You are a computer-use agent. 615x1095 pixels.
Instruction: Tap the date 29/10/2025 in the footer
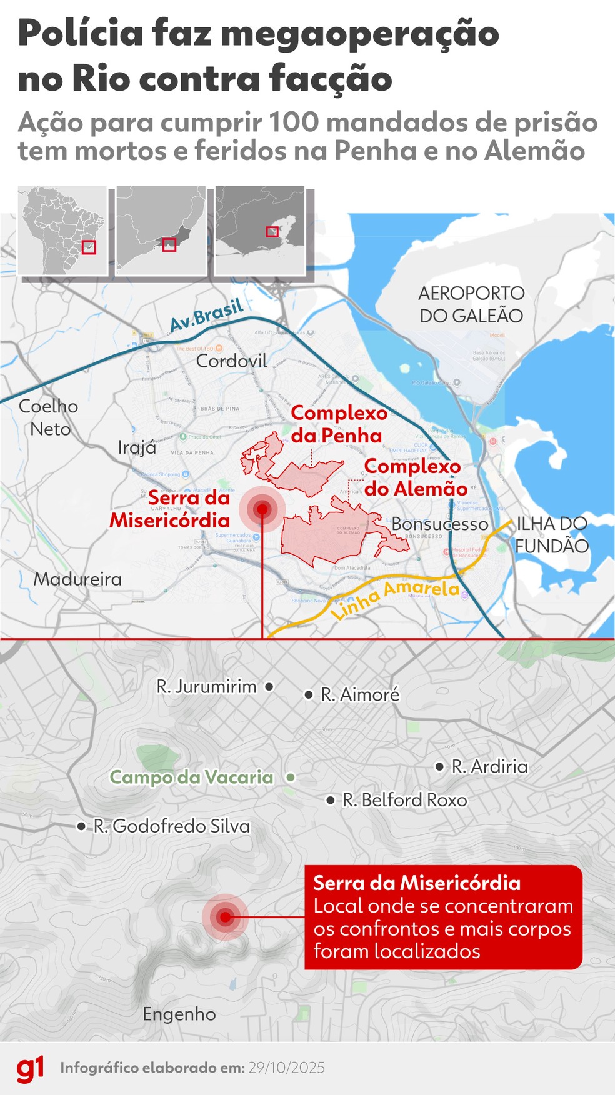tap(286, 1067)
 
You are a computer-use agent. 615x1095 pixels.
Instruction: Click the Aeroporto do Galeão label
tap(471, 304)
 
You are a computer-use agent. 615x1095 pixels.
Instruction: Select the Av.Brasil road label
tap(206, 316)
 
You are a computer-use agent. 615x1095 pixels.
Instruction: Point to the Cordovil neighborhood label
tap(231, 361)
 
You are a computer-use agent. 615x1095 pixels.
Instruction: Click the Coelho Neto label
tap(49, 417)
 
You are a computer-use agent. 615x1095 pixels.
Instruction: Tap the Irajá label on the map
tap(137, 447)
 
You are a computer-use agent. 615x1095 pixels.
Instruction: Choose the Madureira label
tap(77, 579)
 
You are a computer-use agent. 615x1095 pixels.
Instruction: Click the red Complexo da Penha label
tap(338, 424)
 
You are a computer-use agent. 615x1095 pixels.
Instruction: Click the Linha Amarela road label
tap(395, 598)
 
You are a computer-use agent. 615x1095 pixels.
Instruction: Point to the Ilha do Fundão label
tap(552, 534)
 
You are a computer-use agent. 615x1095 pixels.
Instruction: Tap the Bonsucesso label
tap(440, 524)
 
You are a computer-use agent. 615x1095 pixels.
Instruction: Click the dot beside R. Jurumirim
tap(269, 686)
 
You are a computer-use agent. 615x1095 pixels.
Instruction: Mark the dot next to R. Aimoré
tap(309, 694)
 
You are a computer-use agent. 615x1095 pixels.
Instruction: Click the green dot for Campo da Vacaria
tap(291, 777)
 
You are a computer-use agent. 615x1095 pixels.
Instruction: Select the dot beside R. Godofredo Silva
tap(81, 826)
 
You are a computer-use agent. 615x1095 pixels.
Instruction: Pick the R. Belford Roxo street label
tap(405, 800)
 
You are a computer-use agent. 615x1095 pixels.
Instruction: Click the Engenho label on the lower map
tap(179, 1014)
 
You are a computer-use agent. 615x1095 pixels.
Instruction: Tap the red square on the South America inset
tap(89, 247)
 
